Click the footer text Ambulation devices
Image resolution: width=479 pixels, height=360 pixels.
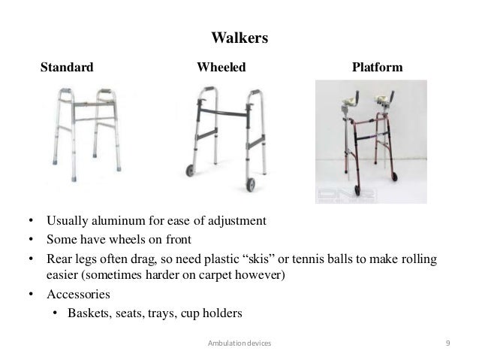[x=239, y=343]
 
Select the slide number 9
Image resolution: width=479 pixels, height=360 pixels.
[x=447, y=343]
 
